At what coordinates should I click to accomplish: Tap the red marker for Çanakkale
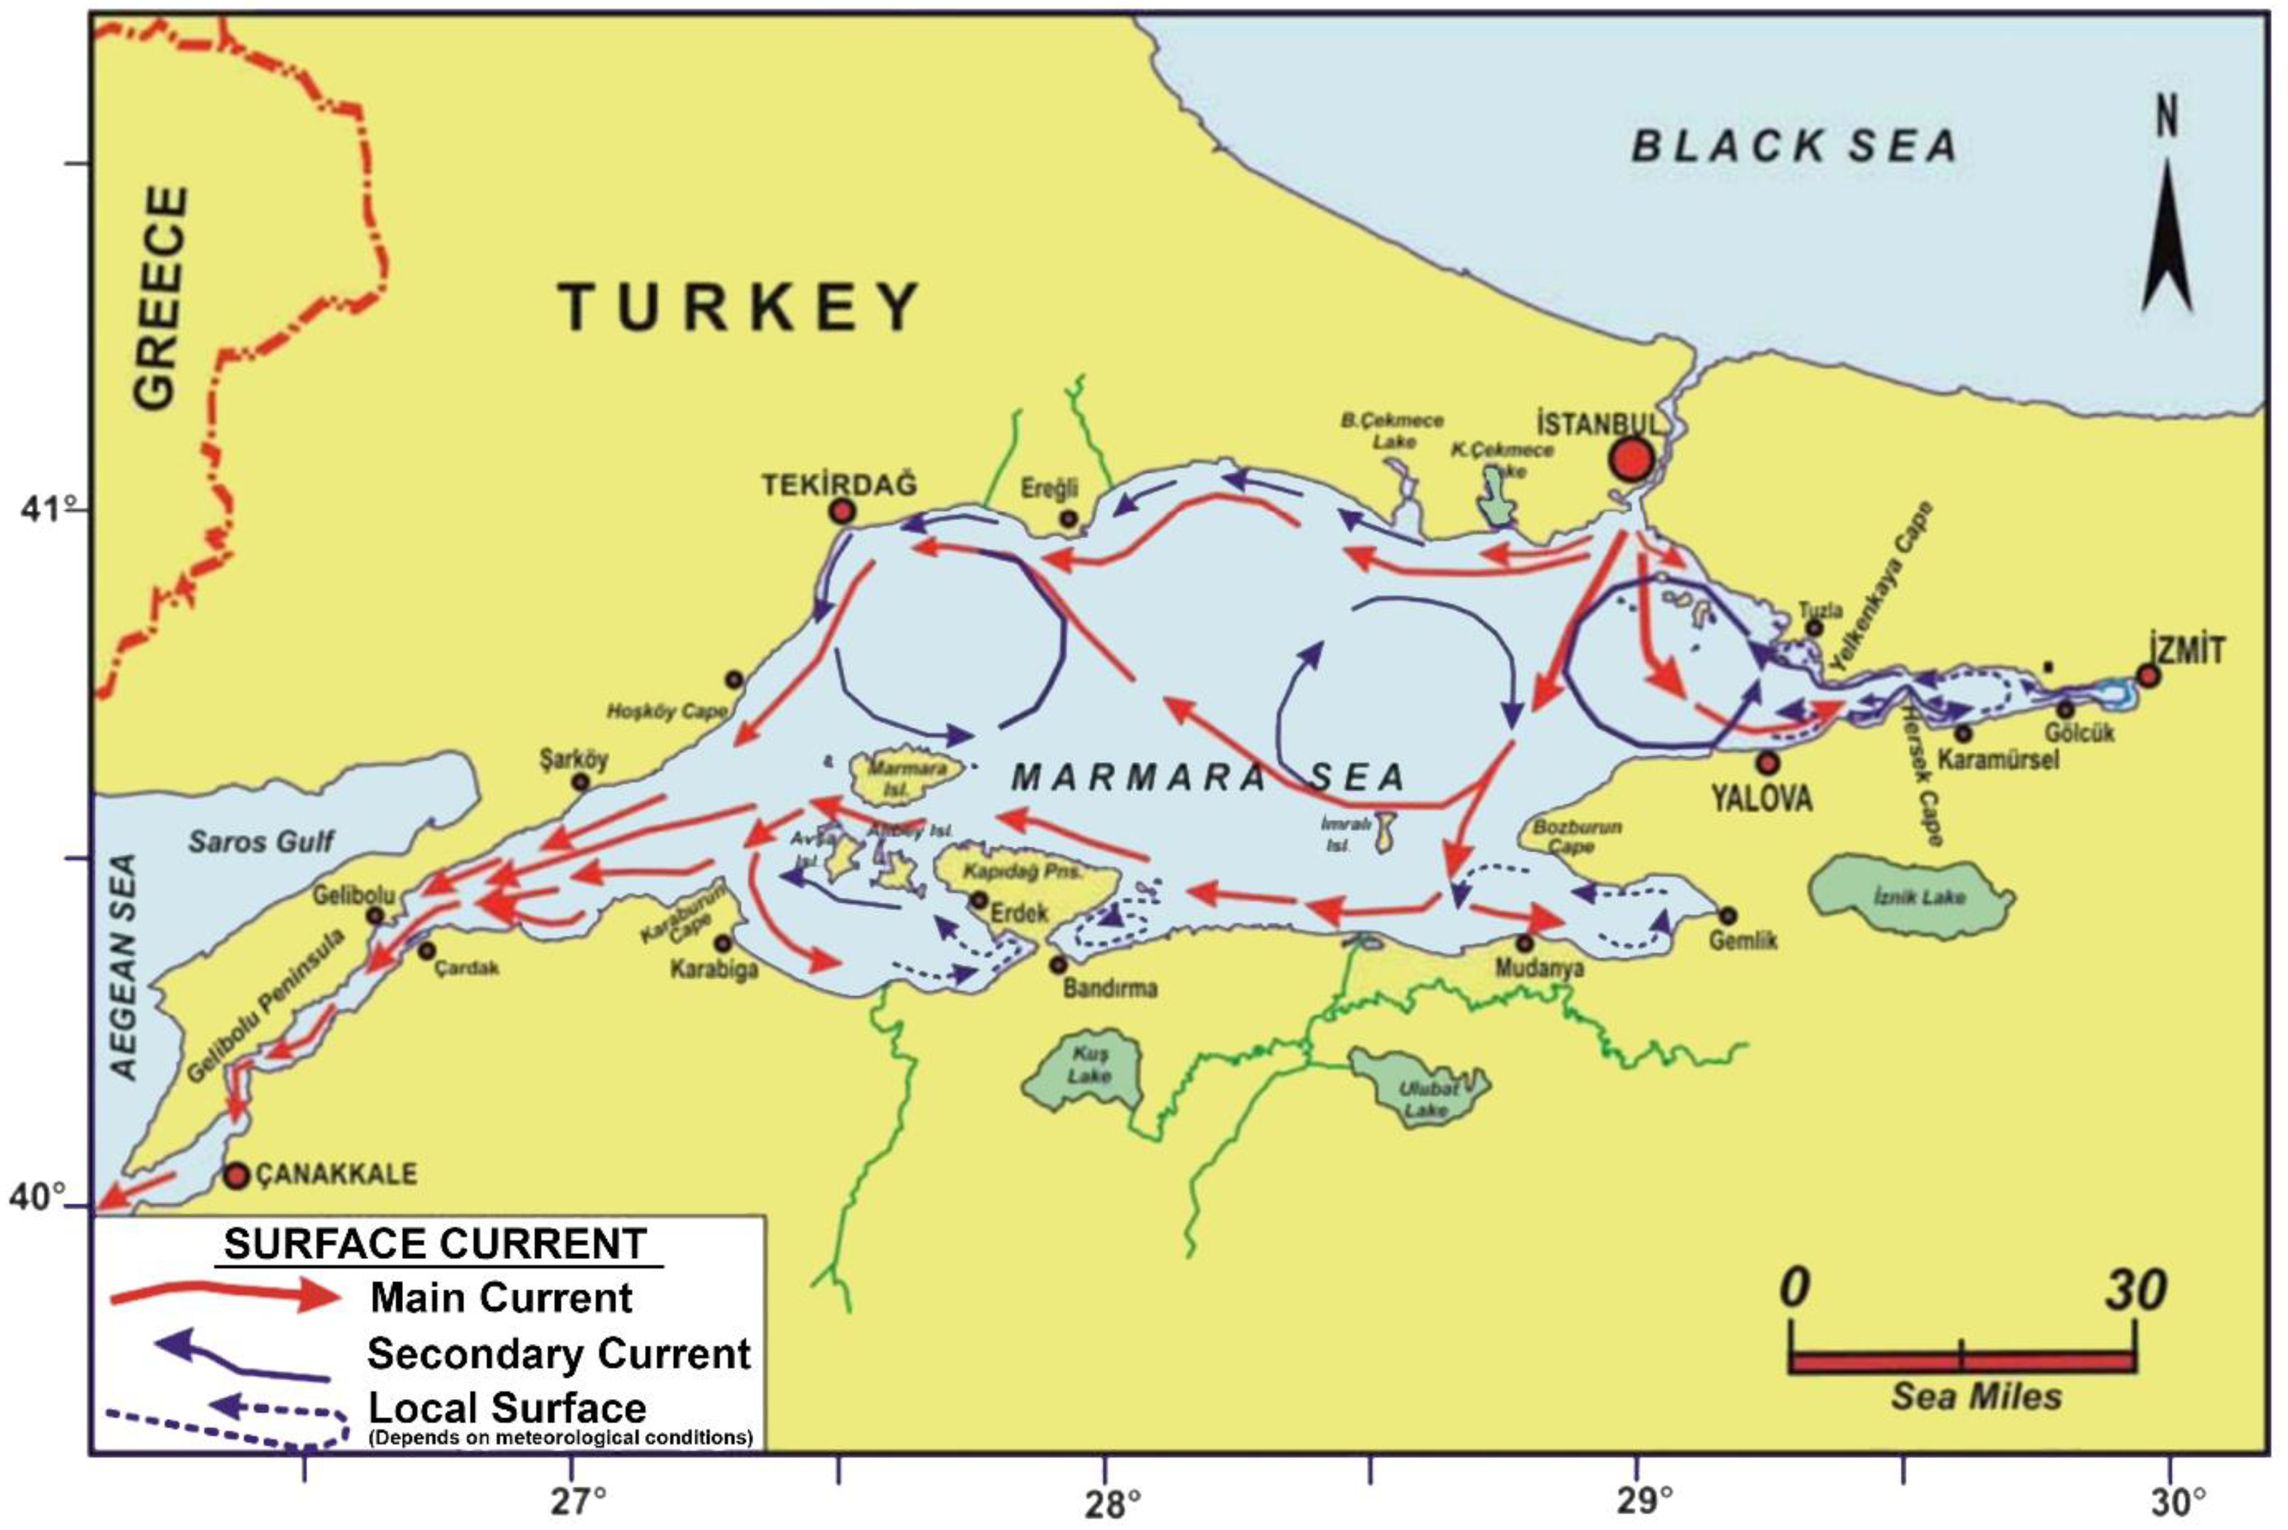pos(237,1175)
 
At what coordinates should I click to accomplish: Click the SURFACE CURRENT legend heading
pos(435,1244)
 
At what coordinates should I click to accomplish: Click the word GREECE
pos(159,298)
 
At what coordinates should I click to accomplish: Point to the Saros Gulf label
pos(261,841)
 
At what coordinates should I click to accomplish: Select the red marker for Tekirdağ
pos(842,511)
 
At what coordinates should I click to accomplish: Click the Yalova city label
pos(1762,798)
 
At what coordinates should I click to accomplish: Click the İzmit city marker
pos(2147,675)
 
